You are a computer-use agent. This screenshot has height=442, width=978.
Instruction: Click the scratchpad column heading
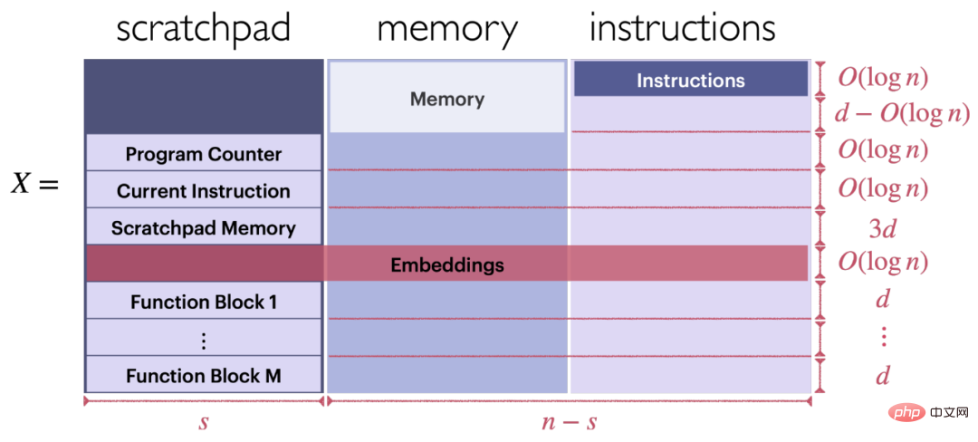[204, 29]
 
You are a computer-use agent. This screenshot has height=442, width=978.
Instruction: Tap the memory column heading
[447, 29]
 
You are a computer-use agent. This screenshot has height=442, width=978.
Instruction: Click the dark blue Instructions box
[690, 79]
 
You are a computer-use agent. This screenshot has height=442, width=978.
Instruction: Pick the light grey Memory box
[446, 97]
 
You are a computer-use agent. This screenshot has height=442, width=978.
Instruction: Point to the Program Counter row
[204, 153]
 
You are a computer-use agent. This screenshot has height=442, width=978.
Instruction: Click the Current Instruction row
[204, 190]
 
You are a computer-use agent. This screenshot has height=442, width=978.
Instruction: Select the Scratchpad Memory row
[204, 227]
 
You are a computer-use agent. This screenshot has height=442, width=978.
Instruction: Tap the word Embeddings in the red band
[446, 264]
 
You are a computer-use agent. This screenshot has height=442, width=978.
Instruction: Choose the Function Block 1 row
[204, 302]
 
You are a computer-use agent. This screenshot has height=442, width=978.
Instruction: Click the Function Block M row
[204, 376]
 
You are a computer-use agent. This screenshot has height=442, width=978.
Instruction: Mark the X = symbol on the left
[35, 185]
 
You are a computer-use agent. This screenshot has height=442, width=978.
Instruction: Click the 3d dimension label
[882, 229]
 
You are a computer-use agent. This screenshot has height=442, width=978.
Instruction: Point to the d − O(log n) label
[902, 113]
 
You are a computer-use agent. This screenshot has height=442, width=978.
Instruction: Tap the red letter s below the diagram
[204, 422]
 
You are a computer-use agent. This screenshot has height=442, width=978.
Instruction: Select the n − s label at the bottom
[569, 422]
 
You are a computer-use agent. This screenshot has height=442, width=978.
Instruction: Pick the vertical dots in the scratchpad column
[204, 340]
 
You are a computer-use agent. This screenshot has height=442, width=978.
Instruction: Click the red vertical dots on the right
[883, 337]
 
